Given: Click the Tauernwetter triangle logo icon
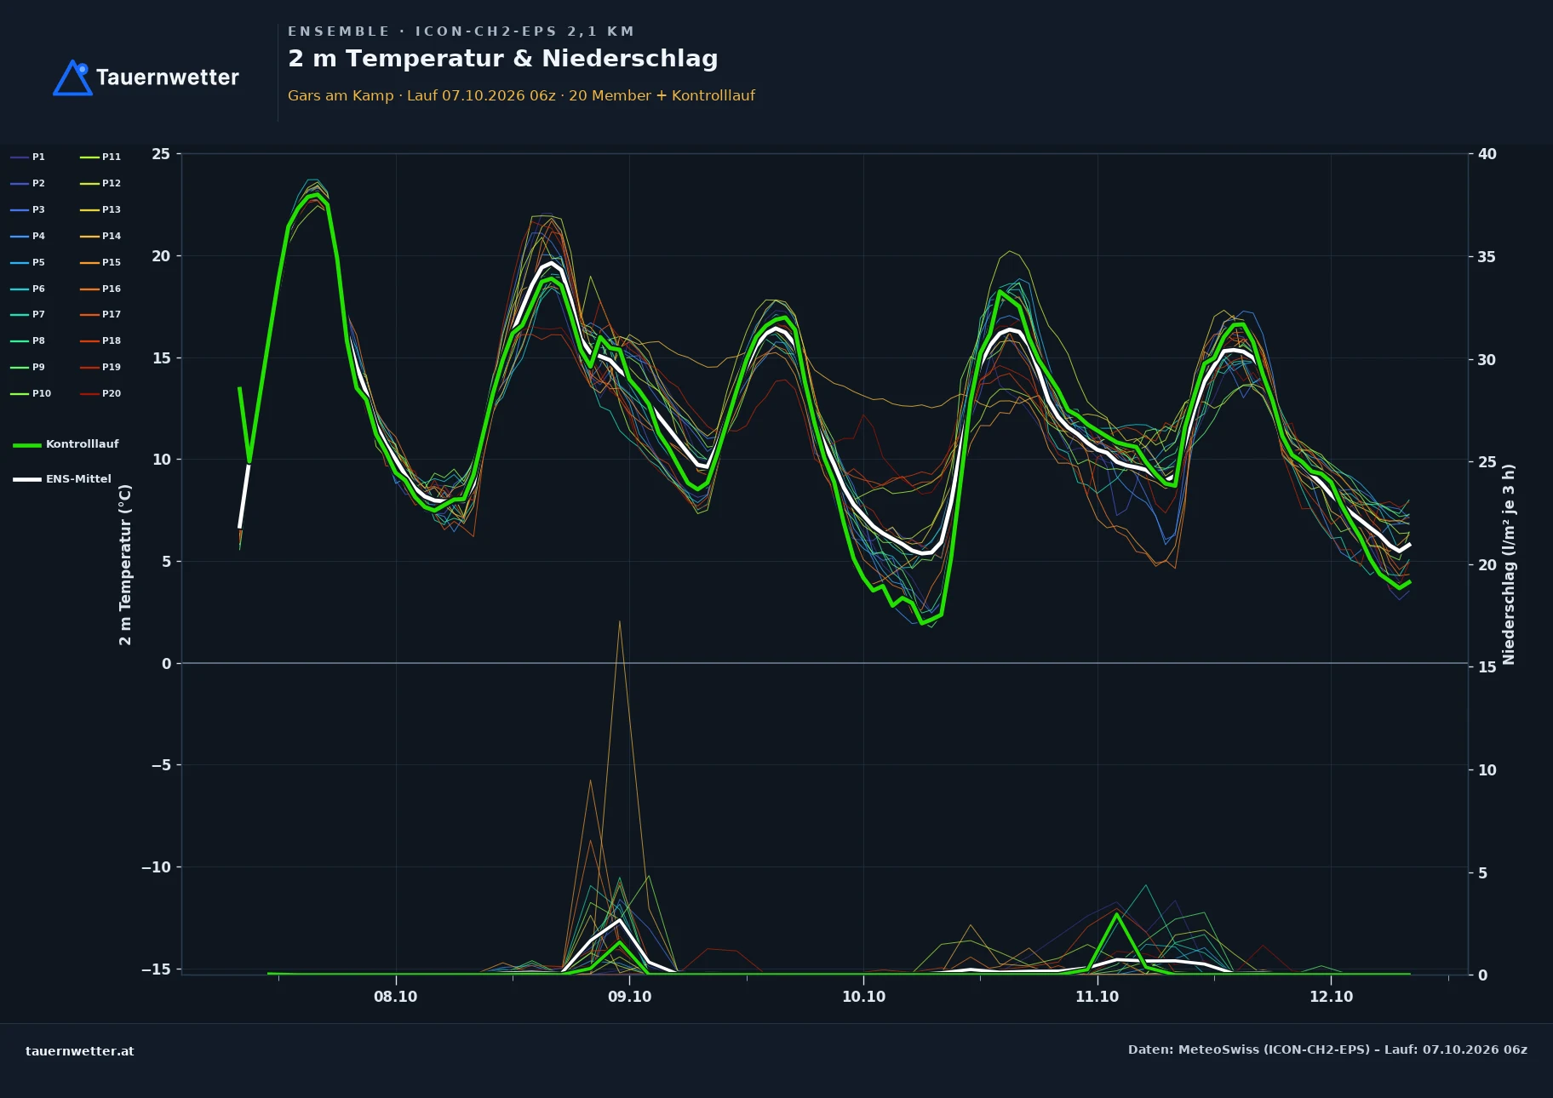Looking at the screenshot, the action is (72, 77).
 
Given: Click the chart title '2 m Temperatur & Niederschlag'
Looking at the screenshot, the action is (502, 59).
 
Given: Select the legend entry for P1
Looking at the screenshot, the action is (27, 157).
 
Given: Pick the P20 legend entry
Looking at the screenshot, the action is (100, 393).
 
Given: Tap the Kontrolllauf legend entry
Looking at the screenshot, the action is (66, 444).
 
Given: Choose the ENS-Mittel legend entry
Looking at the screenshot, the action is (62, 479).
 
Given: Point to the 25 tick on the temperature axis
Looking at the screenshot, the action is (161, 154).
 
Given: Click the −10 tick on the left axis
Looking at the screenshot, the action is (156, 867).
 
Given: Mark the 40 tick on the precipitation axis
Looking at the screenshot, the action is (1487, 154).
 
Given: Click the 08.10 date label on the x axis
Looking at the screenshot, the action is (395, 997).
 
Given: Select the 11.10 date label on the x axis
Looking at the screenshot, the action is (1097, 997).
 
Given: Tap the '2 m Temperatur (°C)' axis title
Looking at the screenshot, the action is (125, 564).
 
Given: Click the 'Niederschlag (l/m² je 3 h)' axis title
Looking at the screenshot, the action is (1509, 564).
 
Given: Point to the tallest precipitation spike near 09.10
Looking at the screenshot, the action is (619, 622).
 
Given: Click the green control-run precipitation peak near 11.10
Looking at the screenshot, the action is (1116, 914).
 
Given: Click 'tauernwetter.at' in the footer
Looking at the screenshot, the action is (80, 1051).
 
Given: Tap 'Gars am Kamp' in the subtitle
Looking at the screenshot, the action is (341, 95).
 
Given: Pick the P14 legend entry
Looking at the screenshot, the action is (100, 236).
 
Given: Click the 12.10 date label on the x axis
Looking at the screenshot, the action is (1331, 997).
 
